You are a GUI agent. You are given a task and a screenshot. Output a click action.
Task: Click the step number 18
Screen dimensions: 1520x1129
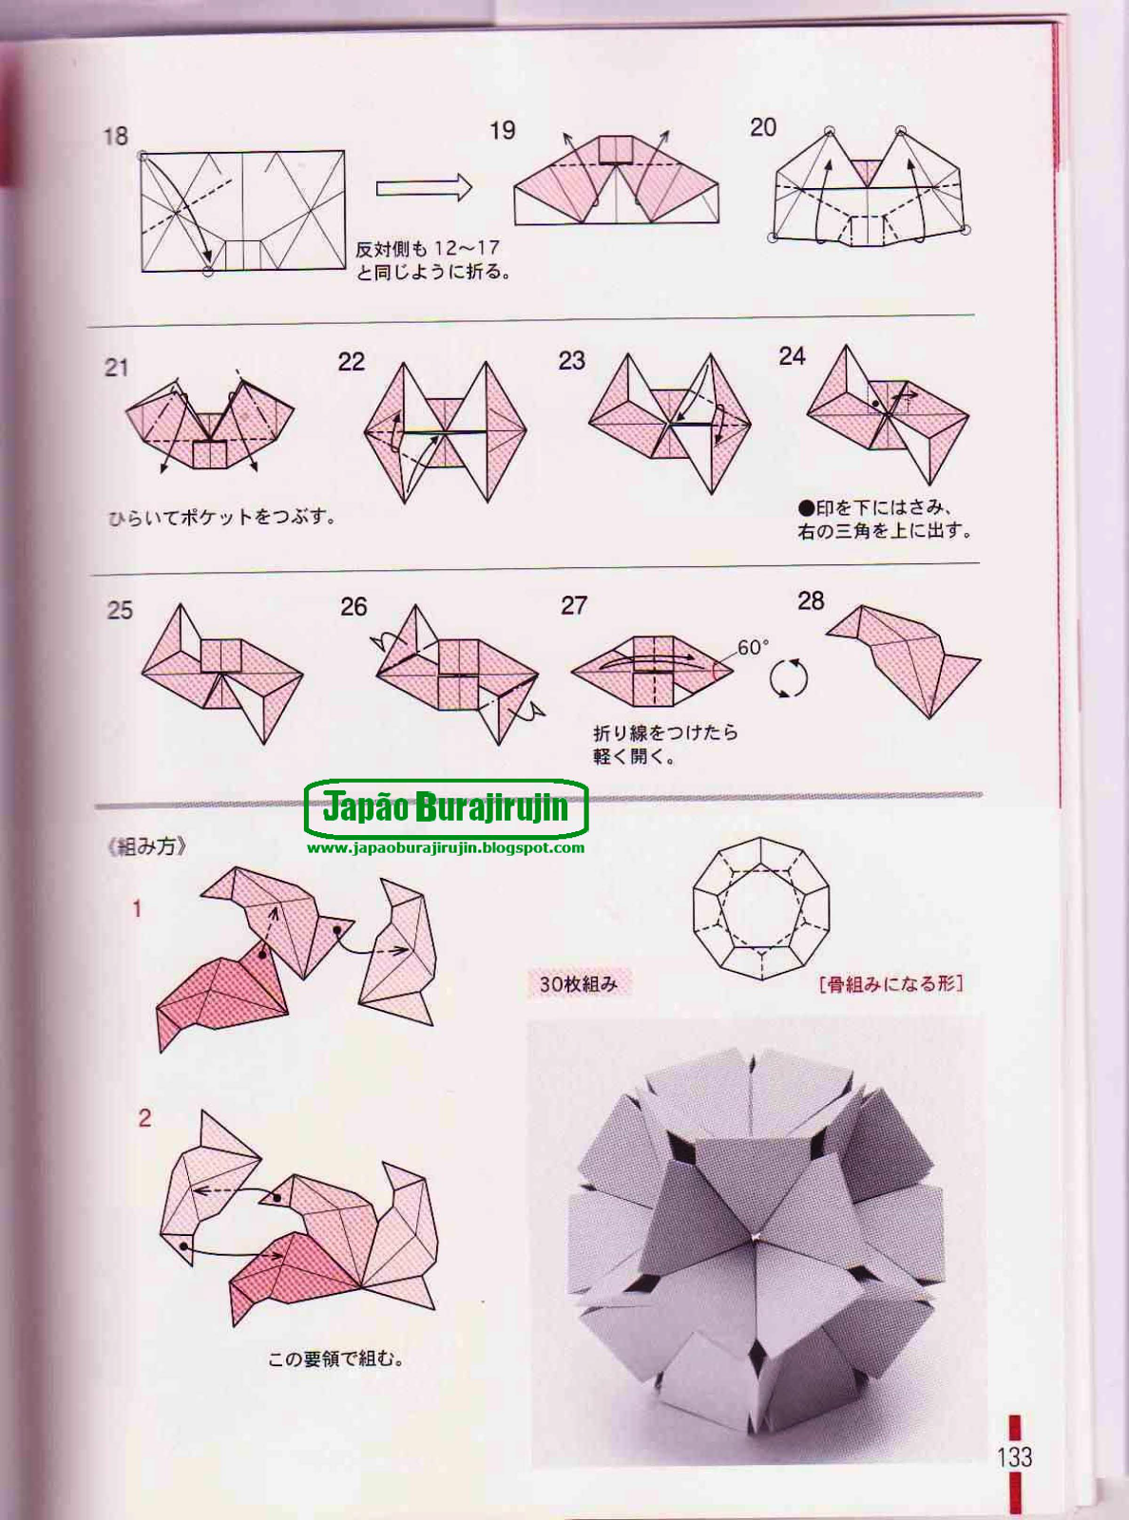coord(115,137)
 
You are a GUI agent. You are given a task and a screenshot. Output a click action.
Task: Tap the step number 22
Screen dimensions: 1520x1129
coord(351,362)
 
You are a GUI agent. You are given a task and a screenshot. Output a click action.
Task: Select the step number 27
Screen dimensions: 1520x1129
coord(574,606)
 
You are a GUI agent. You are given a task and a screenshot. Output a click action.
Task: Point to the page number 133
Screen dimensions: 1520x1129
coord(1014,1457)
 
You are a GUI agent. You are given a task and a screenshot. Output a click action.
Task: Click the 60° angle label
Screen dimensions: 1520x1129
coord(753,648)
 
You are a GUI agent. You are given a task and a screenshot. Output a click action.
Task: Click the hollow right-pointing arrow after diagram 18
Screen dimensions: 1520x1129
coord(424,187)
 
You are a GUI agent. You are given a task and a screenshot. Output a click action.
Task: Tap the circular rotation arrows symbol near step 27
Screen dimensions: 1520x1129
coord(788,678)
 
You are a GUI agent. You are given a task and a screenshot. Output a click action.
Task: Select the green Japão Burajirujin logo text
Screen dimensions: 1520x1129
coord(446,807)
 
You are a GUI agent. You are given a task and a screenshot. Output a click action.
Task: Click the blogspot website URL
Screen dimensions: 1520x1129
coord(446,847)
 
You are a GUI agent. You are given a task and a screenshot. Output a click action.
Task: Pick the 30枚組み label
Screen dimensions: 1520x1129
coord(578,984)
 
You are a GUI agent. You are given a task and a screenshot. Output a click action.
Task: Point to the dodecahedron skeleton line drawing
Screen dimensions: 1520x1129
coord(760,908)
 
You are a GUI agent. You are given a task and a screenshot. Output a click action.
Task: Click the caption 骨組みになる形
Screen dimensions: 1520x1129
coord(890,984)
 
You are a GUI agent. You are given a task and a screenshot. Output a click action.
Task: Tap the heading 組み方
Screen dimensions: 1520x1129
coord(147,846)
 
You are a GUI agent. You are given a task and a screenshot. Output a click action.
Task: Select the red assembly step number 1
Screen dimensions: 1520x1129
coord(137,909)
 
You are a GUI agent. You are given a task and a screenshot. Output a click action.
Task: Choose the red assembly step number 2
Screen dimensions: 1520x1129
coord(144,1118)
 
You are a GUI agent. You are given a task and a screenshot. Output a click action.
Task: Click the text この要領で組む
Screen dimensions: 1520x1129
coord(335,1359)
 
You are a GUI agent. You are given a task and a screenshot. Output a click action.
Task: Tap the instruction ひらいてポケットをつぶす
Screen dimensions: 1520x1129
coord(221,518)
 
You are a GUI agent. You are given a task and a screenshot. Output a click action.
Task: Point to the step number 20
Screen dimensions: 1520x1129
coord(763,128)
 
